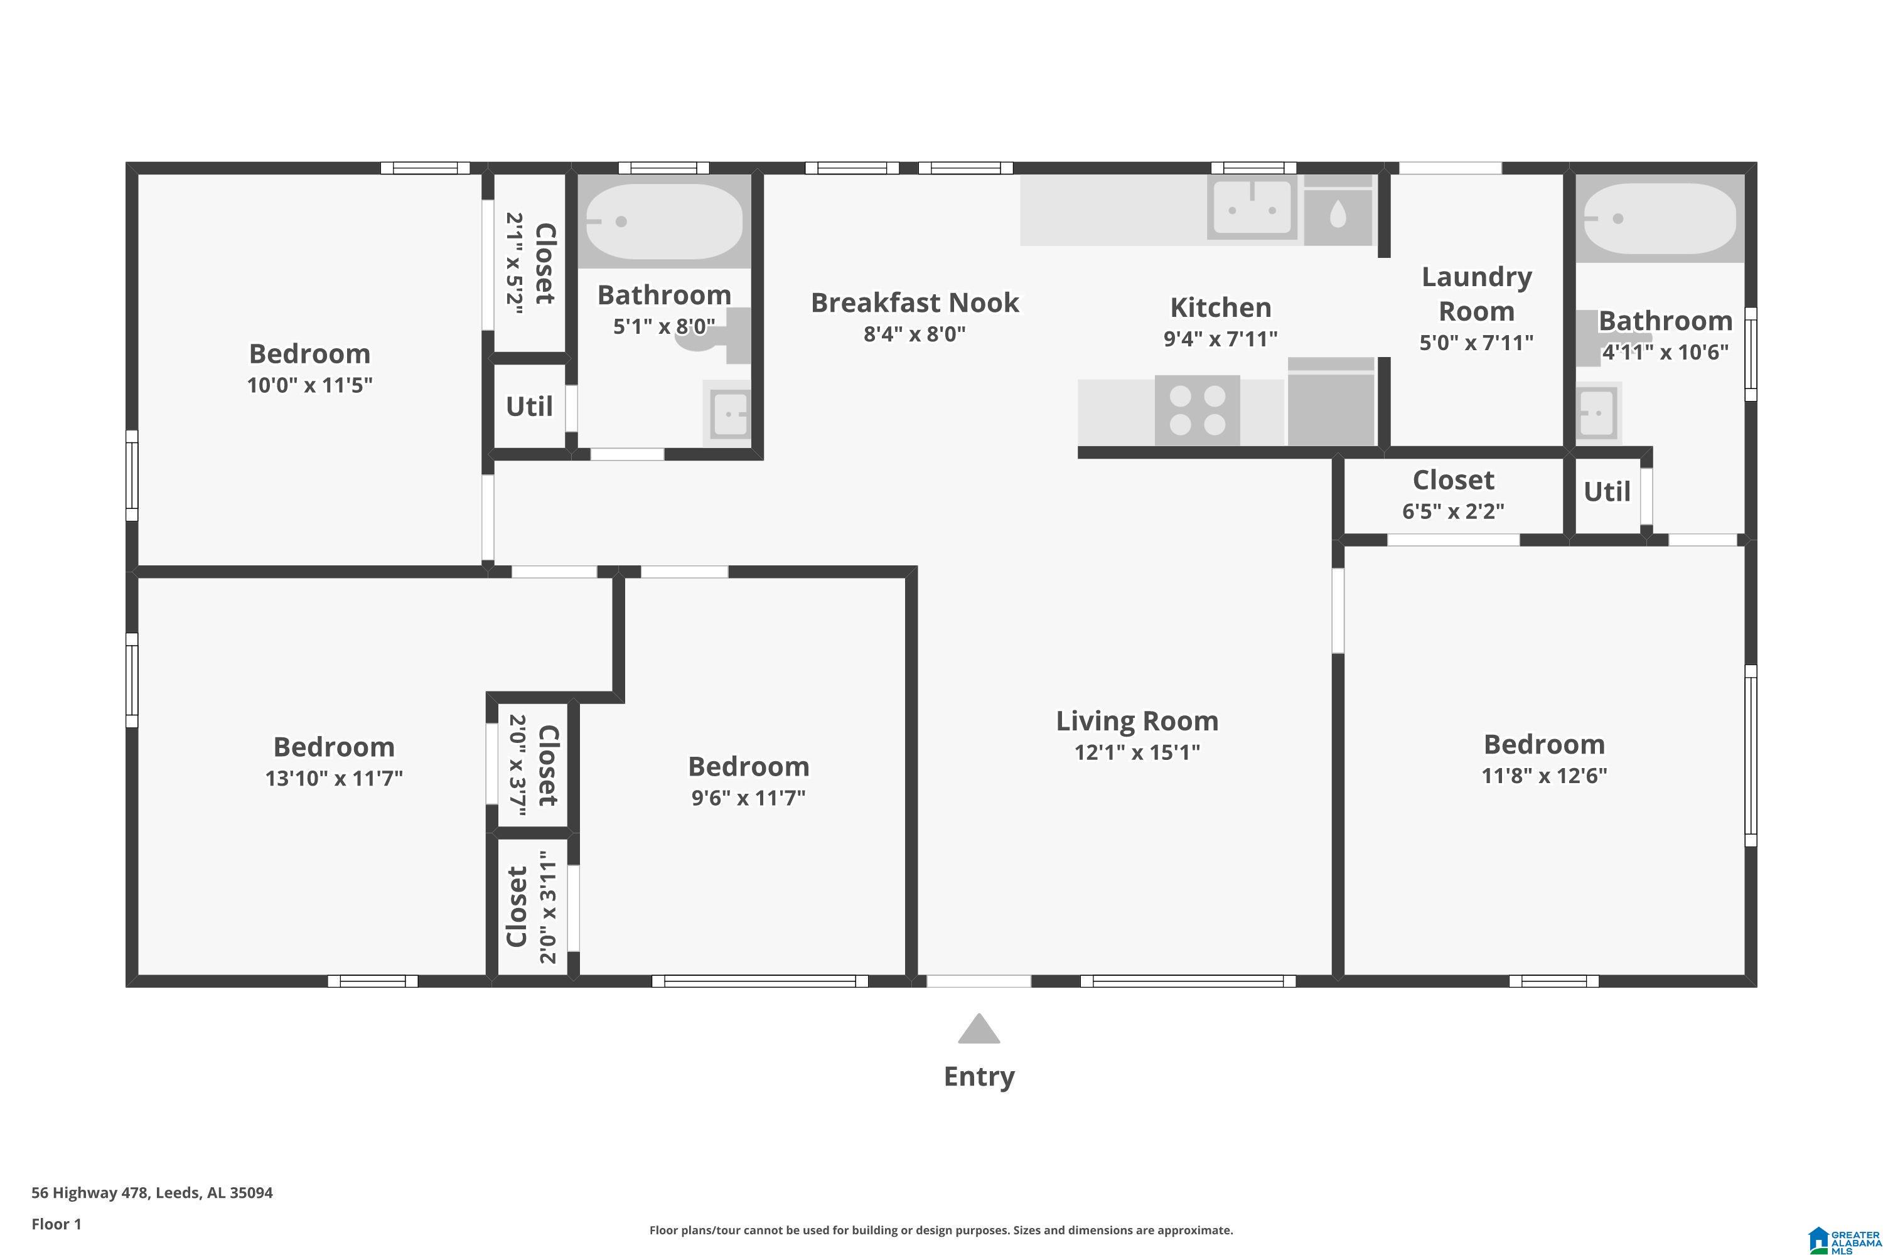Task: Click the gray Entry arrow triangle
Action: point(979,1029)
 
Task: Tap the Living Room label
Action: point(1137,721)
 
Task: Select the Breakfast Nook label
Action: point(915,302)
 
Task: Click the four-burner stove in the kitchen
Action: point(1197,410)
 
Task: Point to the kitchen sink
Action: point(1252,208)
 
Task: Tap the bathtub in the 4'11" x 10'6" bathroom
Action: point(1660,218)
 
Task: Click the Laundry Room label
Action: point(1477,294)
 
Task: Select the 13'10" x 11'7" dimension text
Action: point(334,778)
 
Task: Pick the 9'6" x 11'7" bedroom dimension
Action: point(749,797)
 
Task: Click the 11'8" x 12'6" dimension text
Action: point(1544,776)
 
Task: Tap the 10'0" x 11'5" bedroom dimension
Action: point(310,385)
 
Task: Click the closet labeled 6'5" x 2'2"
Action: point(1453,496)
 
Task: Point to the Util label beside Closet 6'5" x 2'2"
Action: point(1607,491)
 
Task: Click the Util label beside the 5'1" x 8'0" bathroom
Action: point(529,407)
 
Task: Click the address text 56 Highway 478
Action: point(90,1193)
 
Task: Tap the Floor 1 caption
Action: point(56,1224)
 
